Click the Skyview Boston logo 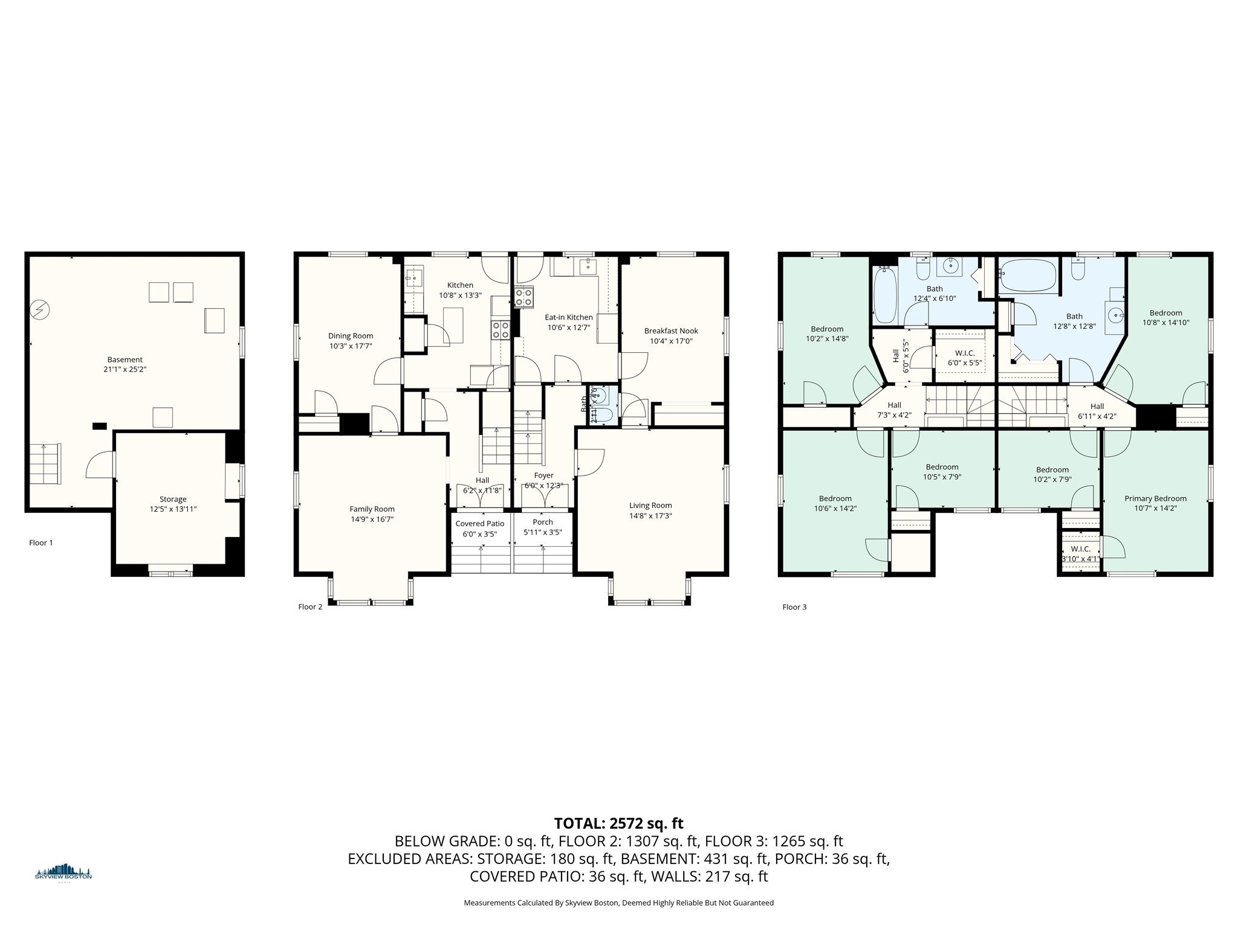pyautogui.click(x=63, y=873)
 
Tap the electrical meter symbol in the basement pyautogui.click(x=40, y=311)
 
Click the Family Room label pyautogui.click(x=372, y=509)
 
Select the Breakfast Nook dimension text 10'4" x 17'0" pyautogui.click(x=671, y=341)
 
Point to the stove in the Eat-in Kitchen pyautogui.click(x=523, y=298)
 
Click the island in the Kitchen pyautogui.click(x=453, y=325)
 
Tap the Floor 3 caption pyautogui.click(x=794, y=607)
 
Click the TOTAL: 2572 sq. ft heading pyautogui.click(x=618, y=823)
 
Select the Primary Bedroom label pyautogui.click(x=1155, y=498)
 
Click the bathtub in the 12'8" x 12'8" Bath pyautogui.click(x=1028, y=276)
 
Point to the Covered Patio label pyautogui.click(x=479, y=524)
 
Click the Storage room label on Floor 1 pyautogui.click(x=173, y=499)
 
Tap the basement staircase pyautogui.click(x=45, y=463)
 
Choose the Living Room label pyautogui.click(x=650, y=505)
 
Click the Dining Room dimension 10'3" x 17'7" pyautogui.click(x=351, y=346)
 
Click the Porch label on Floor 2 pyautogui.click(x=543, y=522)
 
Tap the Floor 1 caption pyautogui.click(x=41, y=543)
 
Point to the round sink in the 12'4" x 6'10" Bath pyautogui.click(x=951, y=265)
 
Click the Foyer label pyautogui.click(x=543, y=475)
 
